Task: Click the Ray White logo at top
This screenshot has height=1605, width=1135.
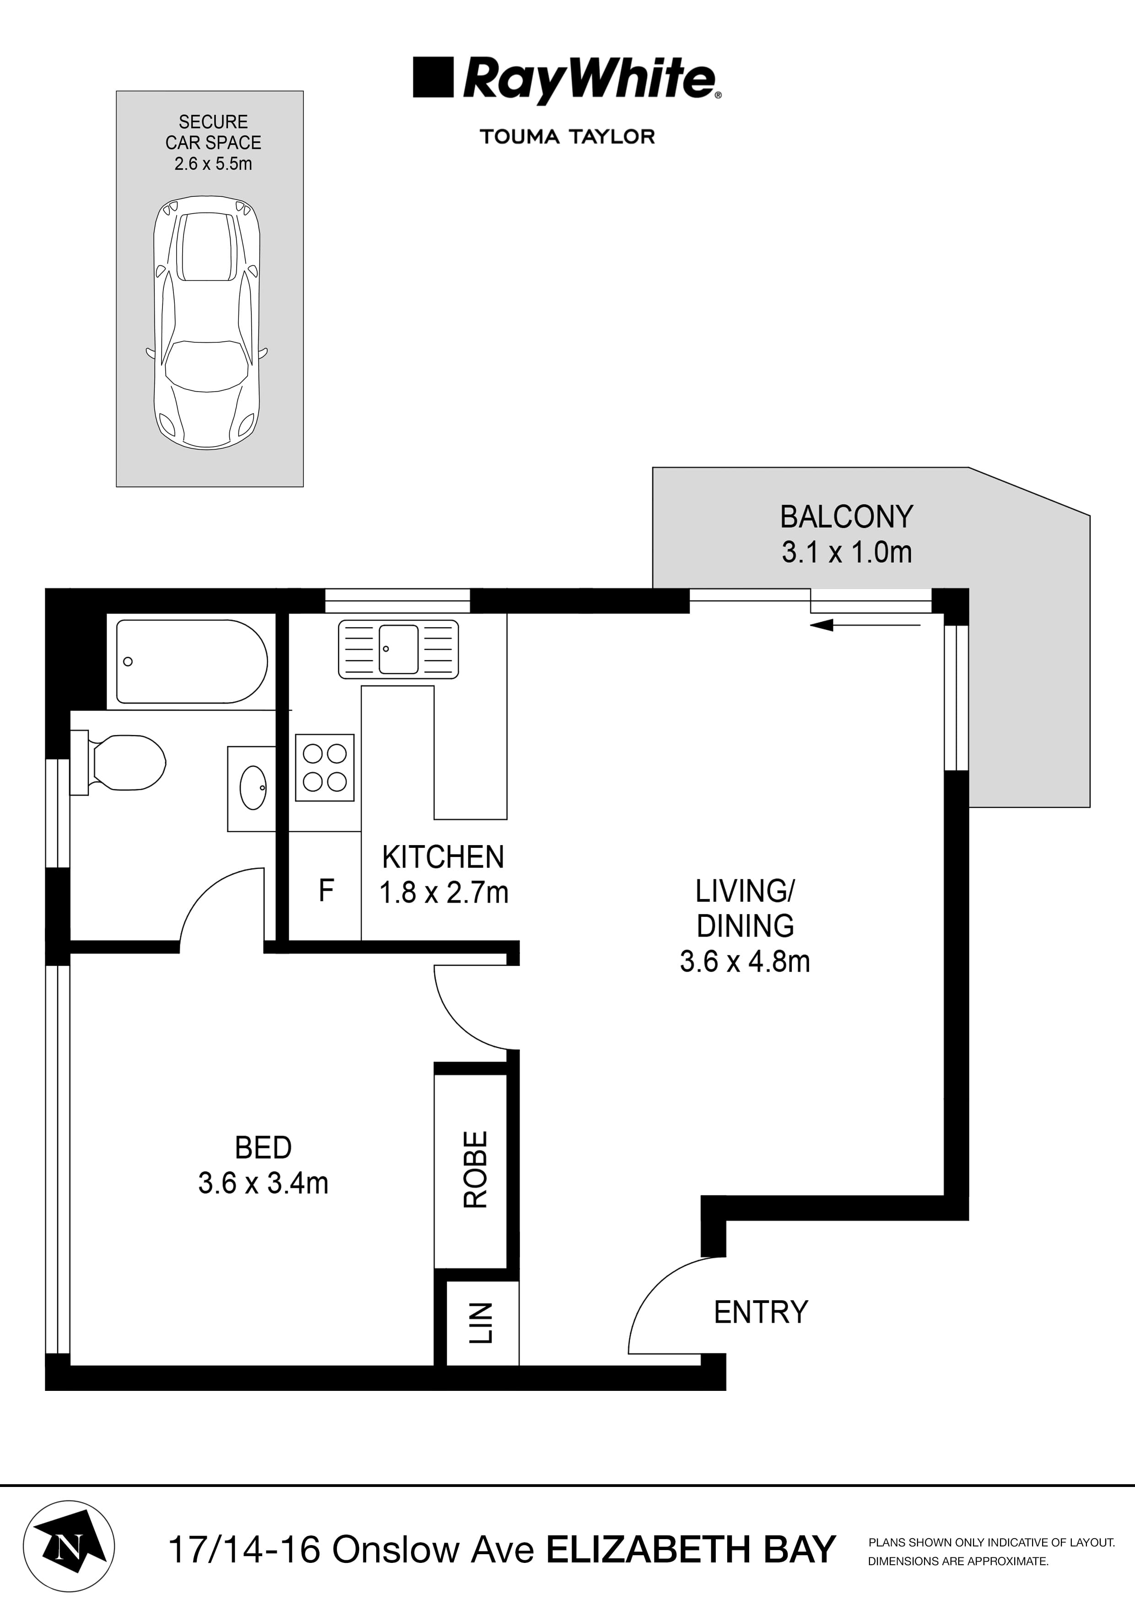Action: tap(567, 79)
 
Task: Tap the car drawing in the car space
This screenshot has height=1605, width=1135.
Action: tap(207, 322)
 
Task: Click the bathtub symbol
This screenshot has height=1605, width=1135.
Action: tap(191, 661)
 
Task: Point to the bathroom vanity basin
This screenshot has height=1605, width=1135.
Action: tap(253, 788)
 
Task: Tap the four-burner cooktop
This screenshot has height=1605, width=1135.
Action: tap(324, 768)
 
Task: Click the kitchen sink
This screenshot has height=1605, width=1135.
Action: tap(398, 649)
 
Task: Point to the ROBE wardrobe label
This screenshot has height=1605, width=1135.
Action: tap(476, 1170)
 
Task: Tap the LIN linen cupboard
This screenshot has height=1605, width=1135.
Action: tap(481, 1323)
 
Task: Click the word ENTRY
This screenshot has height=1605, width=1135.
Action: tap(761, 1312)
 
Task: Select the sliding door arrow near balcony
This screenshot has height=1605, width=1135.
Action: tap(865, 625)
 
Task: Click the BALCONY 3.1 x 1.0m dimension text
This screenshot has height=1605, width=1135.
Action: tap(847, 552)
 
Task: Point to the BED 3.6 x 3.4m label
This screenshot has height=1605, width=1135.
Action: tap(263, 1165)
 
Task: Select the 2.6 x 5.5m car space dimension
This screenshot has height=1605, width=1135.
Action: tap(213, 164)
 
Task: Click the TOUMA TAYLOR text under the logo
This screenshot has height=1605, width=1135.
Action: tap(567, 136)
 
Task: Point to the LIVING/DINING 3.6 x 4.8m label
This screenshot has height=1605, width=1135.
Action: tap(745, 926)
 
